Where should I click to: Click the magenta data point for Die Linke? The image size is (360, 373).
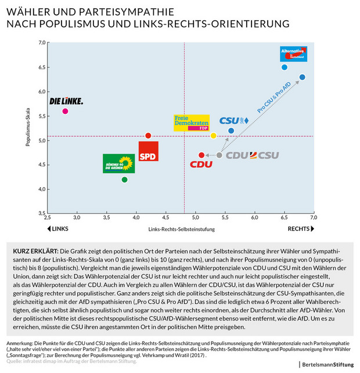click(65, 111)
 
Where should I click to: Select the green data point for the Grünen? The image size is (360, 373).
click(124, 180)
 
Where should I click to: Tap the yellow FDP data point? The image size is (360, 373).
click(213, 135)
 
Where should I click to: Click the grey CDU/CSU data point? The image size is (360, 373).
click(219, 155)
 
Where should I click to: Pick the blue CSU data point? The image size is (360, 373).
click(231, 131)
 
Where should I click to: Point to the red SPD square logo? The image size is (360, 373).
click(148, 151)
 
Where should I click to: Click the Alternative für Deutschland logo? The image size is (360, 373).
click(293, 54)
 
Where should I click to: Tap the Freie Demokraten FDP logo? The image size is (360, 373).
click(191, 123)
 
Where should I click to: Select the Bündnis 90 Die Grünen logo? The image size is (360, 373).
click(118, 163)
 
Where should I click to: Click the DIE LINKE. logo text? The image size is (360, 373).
click(66, 101)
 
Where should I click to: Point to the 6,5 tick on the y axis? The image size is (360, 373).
click(42, 67)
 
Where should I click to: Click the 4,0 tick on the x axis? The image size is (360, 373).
click(136, 217)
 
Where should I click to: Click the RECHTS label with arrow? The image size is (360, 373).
click(301, 229)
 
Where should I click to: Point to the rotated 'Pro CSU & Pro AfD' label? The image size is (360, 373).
click(275, 97)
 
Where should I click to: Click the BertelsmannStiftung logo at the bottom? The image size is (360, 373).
click(327, 364)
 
